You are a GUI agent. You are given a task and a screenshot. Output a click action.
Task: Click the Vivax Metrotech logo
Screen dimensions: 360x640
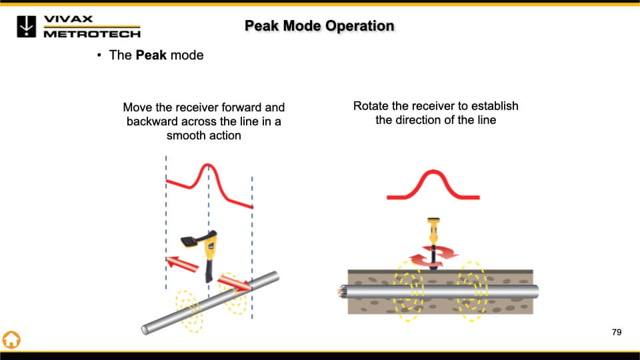(x=78, y=26)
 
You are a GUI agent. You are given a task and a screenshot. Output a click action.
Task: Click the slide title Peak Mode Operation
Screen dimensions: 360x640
(x=319, y=26)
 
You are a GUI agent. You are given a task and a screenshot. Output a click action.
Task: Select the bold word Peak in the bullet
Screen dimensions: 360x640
(x=151, y=55)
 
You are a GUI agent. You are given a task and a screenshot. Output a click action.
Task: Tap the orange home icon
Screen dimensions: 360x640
(x=12, y=339)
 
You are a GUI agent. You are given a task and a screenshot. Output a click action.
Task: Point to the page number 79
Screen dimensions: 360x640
(x=616, y=332)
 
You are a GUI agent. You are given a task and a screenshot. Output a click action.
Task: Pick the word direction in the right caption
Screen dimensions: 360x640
(x=423, y=121)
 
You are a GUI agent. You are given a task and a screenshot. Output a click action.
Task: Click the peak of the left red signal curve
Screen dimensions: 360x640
(x=207, y=165)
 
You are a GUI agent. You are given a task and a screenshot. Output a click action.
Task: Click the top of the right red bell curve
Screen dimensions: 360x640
(x=433, y=173)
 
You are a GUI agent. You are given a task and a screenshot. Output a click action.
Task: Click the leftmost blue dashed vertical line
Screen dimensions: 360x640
(x=166, y=220)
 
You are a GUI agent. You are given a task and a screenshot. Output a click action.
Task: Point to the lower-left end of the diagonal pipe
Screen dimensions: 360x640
(x=146, y=329)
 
